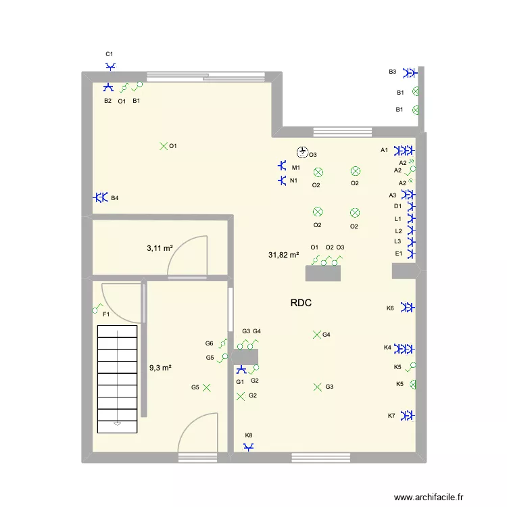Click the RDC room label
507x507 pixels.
301,304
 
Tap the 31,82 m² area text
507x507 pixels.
283,255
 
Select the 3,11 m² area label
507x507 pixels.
160,248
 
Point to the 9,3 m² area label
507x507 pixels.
160,368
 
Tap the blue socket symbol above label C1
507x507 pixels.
111,66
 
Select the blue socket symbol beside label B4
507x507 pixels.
101,197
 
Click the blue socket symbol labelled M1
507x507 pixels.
283,166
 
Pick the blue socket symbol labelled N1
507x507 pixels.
283,180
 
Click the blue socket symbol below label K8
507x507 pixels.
249,446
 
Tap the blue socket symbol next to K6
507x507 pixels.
407,308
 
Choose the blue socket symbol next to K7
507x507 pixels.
408,415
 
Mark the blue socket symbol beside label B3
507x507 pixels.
409,72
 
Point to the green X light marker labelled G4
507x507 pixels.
316,334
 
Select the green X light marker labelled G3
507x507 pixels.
317,387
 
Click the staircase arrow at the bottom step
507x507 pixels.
118,424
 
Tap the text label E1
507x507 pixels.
398,254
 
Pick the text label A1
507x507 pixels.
384,150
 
